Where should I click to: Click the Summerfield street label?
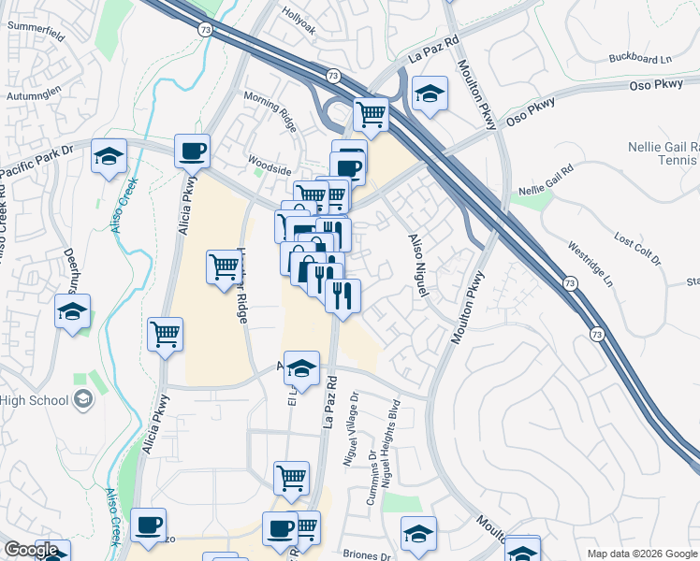click(36, 27)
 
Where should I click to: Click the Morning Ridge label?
click(269, 104)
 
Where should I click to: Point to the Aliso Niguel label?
click(417, 266)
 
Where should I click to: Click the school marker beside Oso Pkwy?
click(430, 93)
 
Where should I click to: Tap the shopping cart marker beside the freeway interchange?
click(372, 114)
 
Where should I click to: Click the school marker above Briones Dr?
click(418, 533)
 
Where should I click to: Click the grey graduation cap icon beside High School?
click(83, 400)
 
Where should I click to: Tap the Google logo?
click(30, 550)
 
